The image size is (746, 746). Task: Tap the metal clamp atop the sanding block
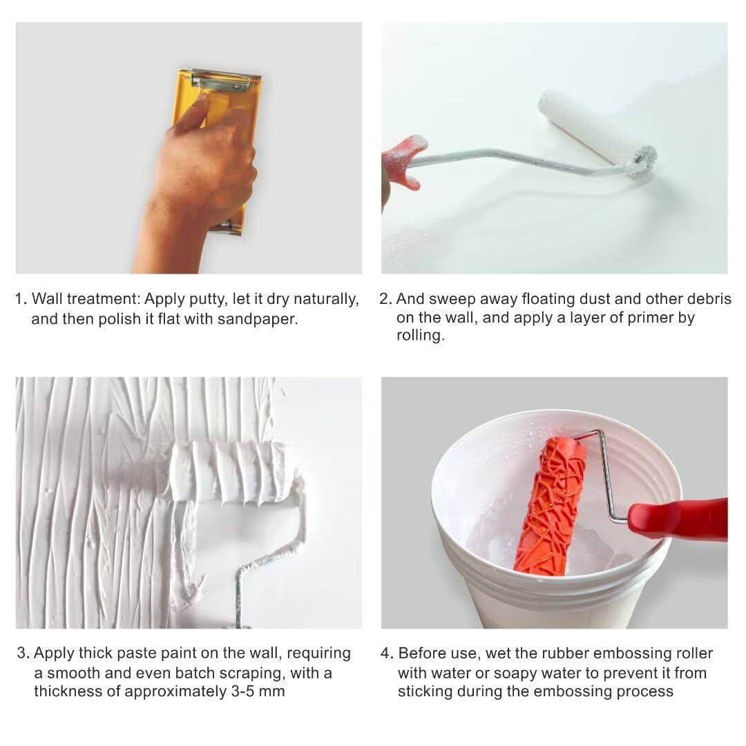pyautogui.click(x=220, y=82)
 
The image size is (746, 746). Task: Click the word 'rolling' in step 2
pyautogui.click(x=420, y=336)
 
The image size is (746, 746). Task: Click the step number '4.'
pyautogui.click(x=387, y=653)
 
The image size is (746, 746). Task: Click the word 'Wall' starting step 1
pyautogui.click(x=47, y=299)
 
